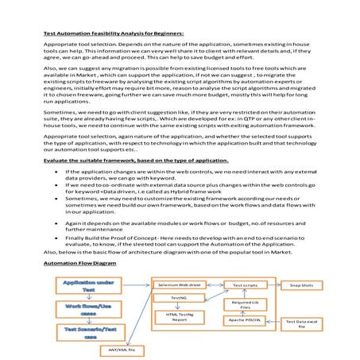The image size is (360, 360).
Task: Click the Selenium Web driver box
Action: [x=179, y=284]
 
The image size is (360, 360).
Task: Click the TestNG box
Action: [x=179, y=297]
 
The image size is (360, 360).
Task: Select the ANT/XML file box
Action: [x=121, y=349]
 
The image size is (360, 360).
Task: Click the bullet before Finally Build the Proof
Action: [x=56, y=238]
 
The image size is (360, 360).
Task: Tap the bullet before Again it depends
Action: [x=56, y=223]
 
